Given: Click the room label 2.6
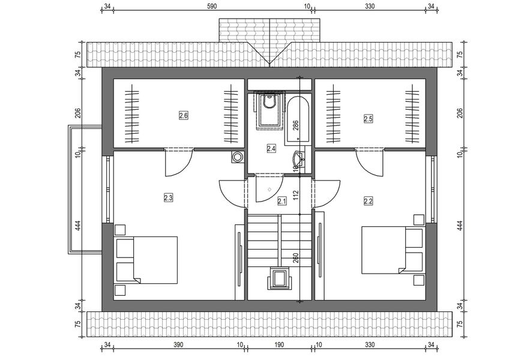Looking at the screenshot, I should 184,115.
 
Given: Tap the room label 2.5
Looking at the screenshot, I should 368,119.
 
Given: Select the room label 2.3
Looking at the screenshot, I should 168,196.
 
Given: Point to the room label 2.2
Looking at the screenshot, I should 368,201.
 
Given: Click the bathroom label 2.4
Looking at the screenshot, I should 271,148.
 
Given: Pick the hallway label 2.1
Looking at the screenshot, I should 282,202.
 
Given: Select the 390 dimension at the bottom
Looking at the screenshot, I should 179,345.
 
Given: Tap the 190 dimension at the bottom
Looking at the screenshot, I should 279,345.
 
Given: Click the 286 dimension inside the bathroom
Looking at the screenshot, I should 295,126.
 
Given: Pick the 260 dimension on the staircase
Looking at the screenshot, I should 295,259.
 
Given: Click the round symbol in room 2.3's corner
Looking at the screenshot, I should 238,157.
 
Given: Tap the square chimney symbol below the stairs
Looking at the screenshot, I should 279,279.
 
